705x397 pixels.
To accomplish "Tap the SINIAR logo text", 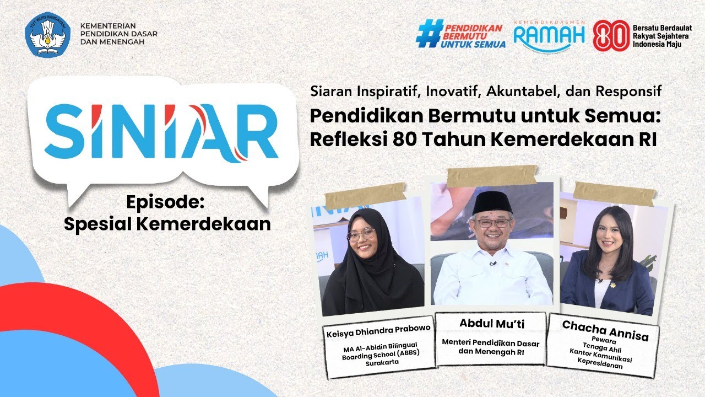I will (x=161, y=131).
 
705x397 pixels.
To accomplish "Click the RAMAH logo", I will (x=549, y=35).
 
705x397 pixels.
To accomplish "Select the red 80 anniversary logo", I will (x=610, y=36).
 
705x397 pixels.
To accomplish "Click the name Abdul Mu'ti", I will (x=490, y=323).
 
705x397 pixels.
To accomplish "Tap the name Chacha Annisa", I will (x=605, y=330).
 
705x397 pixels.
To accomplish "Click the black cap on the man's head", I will (x=492, y=202).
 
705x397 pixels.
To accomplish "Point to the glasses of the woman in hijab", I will (x=361, y=234).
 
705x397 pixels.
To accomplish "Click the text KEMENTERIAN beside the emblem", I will (x=109, y=26).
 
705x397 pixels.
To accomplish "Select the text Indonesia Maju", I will (x=657, y=44).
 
